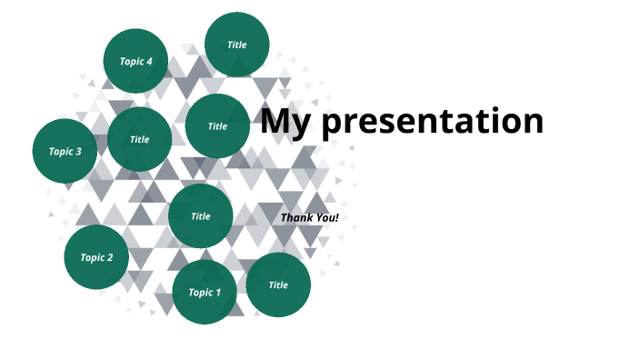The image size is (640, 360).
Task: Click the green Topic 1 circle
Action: pos(205,292)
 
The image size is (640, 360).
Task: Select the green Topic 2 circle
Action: pos(96,257)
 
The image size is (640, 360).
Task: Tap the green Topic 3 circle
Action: pos(65,151)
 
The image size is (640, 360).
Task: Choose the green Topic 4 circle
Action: pos(135,62)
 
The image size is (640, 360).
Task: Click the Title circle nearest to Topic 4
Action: pos(236,45)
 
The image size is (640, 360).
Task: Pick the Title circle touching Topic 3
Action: pos(139,140)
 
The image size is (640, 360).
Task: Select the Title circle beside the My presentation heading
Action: pos(217,126)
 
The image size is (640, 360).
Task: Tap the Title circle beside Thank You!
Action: pos(201,216)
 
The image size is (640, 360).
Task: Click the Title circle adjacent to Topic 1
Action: pos(278,285)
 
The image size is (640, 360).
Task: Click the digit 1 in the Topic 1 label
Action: pos(217,293)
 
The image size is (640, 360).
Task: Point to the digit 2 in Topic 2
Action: pos(110,257)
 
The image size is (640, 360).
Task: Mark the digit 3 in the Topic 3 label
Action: pos(78,152)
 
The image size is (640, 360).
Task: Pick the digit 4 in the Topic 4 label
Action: pos(149,62)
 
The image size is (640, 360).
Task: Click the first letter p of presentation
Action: pos(333,124)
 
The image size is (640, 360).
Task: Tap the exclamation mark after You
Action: pos(336,218)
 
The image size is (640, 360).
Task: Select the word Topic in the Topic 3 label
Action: pos(60,152)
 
